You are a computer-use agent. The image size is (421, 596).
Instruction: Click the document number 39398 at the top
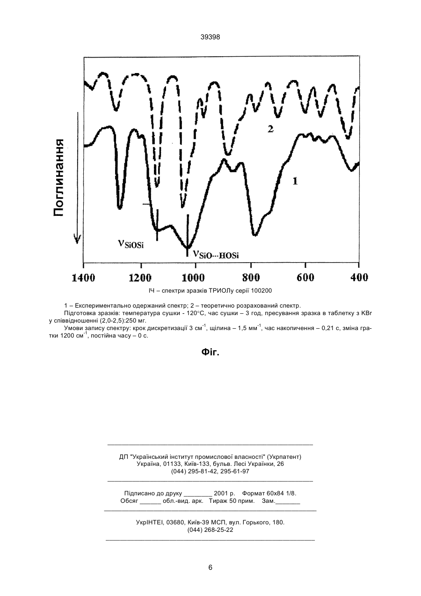pos(210,37)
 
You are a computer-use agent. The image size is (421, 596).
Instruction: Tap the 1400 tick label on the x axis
pos(83,278)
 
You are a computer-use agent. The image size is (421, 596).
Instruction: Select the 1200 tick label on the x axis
pos(140,278)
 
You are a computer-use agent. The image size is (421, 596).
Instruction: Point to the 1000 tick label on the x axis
pos(193,278)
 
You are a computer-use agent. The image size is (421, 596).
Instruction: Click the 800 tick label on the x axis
pos(251,278)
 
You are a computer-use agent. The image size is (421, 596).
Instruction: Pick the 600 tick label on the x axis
pos(305,278)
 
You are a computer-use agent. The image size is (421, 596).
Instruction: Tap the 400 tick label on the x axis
pos(359,278)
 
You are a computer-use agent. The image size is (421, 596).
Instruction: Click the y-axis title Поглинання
pos(58,177)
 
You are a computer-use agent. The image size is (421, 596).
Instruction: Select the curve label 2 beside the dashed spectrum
pos(270,129)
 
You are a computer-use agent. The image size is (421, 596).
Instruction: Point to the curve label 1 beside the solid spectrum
pos(295,181)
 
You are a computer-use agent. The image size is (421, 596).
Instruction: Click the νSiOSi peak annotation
pos(131,244)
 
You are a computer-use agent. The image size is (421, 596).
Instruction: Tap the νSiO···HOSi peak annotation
pos(216,254)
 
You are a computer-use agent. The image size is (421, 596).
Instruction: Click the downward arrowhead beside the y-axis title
pos(77,239)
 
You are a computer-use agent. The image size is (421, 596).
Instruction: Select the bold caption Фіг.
pos(210,353)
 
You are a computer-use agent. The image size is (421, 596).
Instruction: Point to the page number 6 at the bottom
pos(210,567)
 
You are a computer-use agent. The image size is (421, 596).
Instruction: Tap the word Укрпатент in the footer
pos(284,457)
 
